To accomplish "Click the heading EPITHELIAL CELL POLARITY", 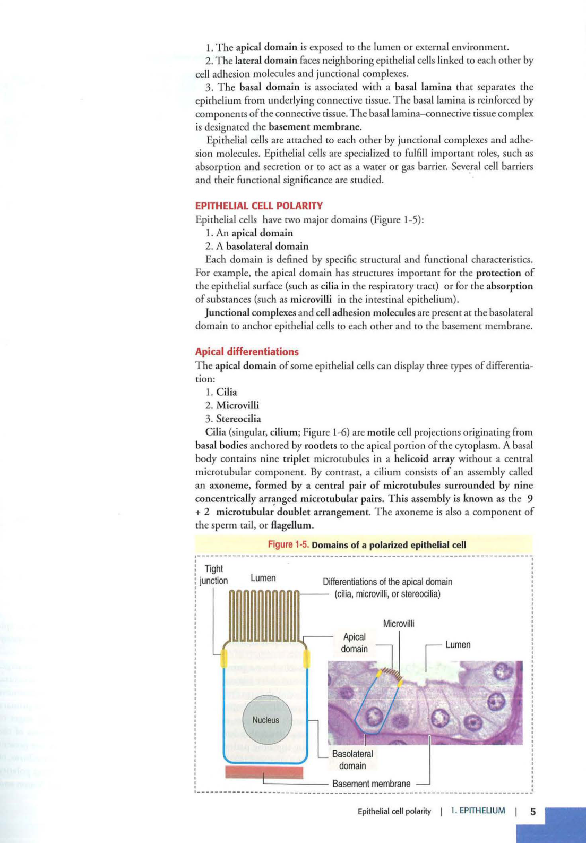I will click(259, 206).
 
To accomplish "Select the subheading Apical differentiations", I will click(247, 352).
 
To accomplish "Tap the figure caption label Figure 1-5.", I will click(288, 544).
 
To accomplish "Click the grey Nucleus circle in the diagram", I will click(265, 720).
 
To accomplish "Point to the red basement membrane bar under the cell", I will click(264, 772).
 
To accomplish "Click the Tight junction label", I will click(214, 575).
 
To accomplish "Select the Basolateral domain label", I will click(352, 760).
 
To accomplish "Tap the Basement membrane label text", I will click(371, 784).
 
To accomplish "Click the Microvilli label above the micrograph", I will click(399, 624).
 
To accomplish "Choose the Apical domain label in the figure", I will click(354, 643).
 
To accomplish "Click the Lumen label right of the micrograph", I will click(458, 645).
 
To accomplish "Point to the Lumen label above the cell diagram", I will click(263, 578).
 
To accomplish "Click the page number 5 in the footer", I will click(533, 812).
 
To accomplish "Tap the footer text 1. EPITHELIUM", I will click(478, 811).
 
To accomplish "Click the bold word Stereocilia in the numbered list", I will click(238, 419).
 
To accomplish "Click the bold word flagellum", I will click(291, 525).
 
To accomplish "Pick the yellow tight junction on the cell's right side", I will click(306, 658).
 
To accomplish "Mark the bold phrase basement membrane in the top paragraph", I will click(315, 126).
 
